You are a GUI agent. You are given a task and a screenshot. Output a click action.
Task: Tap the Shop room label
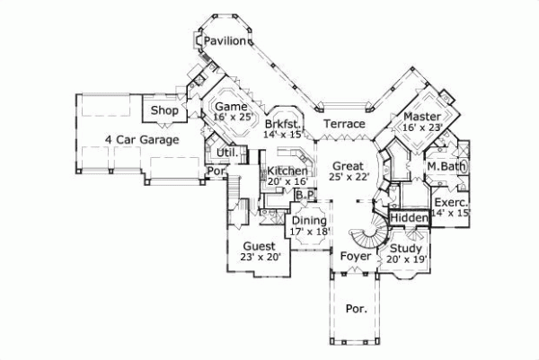pyautogui.click(x=164, y=110)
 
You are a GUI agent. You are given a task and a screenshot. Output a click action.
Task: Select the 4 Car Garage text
pyautogui.click(x=141, y=139)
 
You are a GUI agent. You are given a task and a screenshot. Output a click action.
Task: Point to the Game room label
pyautogui.click(x=225, y=107)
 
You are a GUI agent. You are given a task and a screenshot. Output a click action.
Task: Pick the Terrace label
pyautogui.click(x=344, y=123)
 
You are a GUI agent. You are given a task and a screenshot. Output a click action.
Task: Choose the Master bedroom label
pyautogui.click(x=420, y=118)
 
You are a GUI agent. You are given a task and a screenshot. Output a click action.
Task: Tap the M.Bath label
pyautogui.click(x=444, y=167)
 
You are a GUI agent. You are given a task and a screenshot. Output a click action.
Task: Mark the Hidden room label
pyautogui.click(x=409, y=218)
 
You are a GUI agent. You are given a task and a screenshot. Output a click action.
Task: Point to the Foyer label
pyautogui.click(x=355, y=257)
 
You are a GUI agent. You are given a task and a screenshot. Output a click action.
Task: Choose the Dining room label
pyautogui.click(x=308, y=220)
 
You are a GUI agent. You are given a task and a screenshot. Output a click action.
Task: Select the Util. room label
pyautogui.click(x=225, y=153)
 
